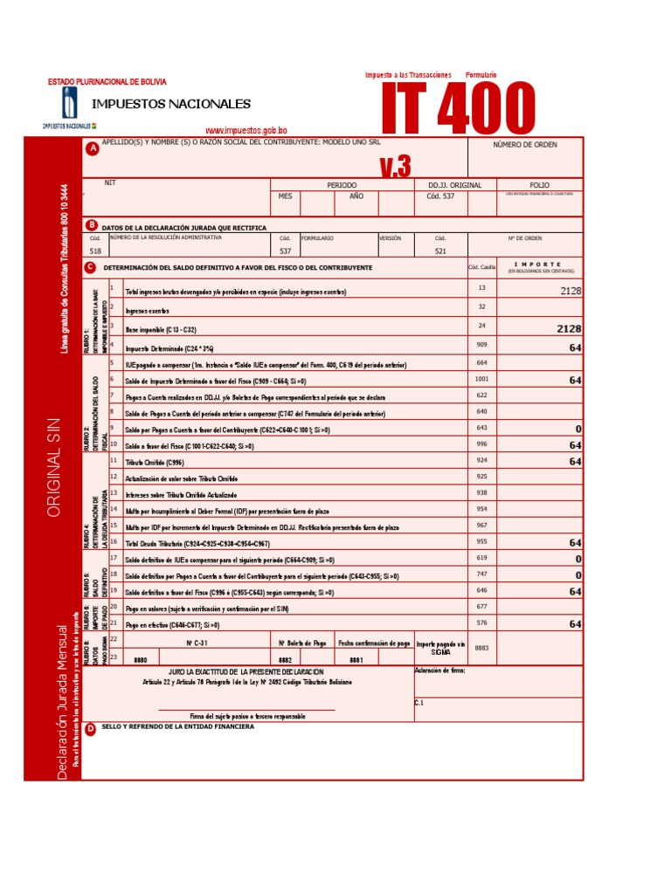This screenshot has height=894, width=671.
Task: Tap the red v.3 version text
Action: click(x=395, y=166)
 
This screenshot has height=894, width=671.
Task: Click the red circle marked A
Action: click(x=92, y=149)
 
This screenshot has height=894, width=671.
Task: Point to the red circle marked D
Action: click(x=90, y=730)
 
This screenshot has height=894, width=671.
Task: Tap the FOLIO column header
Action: click(x=539, y=185)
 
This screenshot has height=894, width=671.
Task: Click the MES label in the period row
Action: click(x=285, y=196)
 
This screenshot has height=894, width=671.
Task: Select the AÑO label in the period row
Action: click(x=356, y=196)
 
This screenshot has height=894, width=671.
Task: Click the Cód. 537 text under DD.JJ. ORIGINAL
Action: click(x=440, y=196)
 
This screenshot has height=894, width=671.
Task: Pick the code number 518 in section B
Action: click(x=95, y=251)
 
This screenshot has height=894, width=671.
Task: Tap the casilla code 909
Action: click(x=481, y=346)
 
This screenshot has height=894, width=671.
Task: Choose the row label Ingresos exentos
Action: click(x=148, y=311)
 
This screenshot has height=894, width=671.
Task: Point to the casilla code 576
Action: click(x=481, y=623)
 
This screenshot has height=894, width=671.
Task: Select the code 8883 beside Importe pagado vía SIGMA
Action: click(x=481, y=649)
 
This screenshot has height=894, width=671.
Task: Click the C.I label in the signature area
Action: click(x=419, y=702)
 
